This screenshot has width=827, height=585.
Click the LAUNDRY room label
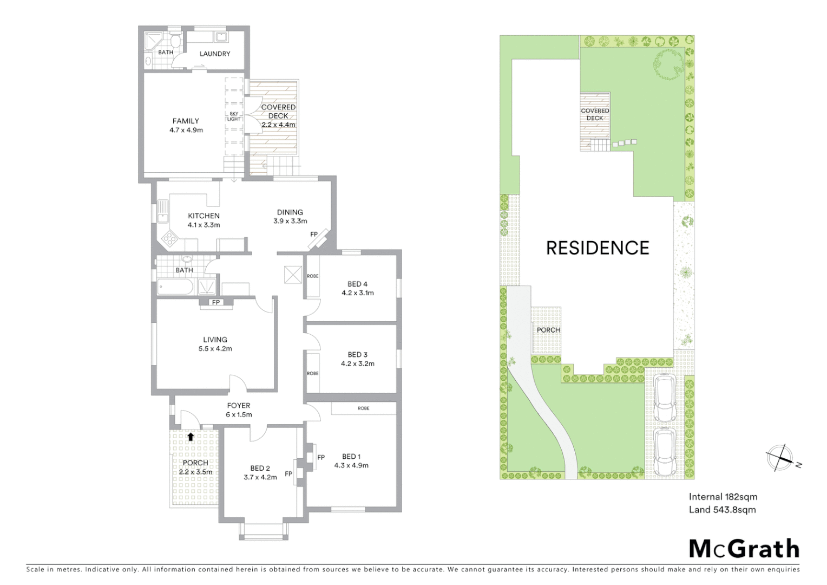(215, 54)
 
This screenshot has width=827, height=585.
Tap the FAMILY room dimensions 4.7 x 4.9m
(186, 130)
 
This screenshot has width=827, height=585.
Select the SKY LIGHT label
(234, 116)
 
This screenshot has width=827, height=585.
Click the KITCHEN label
(204, 216)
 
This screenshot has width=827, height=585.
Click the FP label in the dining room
(314, 235)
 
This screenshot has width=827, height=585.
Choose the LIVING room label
(215, 340)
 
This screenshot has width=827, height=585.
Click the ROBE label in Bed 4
(313, 276)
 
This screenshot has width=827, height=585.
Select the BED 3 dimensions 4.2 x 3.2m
(358, 363)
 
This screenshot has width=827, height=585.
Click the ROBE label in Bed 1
(364, 408)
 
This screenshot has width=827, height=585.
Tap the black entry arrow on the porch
(190, 436)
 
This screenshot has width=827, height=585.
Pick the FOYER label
(239, 405)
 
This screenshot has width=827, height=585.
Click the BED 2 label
(260, 468)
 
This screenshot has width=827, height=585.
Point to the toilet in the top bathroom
(176, 42)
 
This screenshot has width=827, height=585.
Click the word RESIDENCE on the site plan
(598, 248)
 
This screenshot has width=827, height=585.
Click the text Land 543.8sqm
(722, 510)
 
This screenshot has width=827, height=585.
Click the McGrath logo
(744, 549)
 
